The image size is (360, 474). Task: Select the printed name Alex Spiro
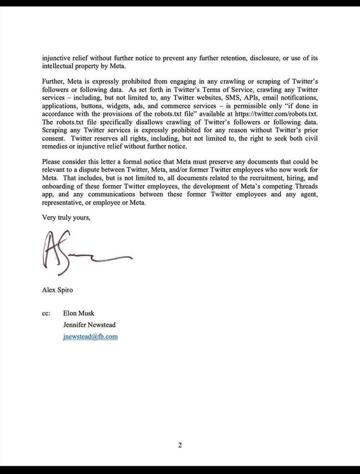[58, 290]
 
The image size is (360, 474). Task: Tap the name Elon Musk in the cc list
[79, 314]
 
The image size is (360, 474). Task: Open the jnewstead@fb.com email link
[90, 336]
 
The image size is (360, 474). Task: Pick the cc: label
[47, 314]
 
